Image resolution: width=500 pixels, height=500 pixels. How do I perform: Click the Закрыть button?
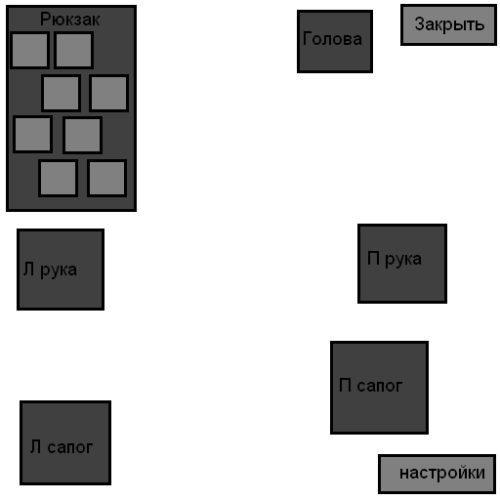(x=448, y=24)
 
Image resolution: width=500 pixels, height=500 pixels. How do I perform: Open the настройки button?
(x=437, y=474)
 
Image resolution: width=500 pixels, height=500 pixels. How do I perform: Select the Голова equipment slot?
(x=335, y=41)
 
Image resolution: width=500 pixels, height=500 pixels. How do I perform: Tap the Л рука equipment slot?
(x=61, y=270)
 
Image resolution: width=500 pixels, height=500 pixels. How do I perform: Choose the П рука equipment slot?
(x=402, y=264)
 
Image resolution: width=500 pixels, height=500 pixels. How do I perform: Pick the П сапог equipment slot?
(x=379, y=388)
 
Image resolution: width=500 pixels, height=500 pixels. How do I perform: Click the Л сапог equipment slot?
(x=65, y=442)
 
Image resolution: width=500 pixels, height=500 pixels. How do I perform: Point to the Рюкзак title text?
(x=69, y=20)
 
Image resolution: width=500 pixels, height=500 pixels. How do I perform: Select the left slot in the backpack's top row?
(x=29, y=50)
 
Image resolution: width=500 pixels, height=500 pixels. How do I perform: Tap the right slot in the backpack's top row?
(x=74, y=50)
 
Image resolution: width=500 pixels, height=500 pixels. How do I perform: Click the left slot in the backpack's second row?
(x=62, y=93)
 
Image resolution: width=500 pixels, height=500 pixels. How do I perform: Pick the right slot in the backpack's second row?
(x=108, y=93)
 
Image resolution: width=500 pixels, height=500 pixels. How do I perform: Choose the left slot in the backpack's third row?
(x=32, y=134)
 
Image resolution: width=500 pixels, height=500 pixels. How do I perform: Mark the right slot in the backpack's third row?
(x=82, y=135)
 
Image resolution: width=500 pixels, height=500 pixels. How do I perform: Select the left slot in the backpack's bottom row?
(x=58, y=178)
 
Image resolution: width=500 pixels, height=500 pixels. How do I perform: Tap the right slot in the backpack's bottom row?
(x=106, y=178)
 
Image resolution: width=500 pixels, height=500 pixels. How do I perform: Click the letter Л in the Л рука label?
(x=28, y=270)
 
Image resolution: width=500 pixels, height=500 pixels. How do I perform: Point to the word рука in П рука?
(x=403, y=260)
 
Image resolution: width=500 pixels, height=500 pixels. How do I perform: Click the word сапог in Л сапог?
(x=70, y=447)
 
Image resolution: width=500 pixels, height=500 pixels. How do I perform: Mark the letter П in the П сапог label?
(x=345, y=385)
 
